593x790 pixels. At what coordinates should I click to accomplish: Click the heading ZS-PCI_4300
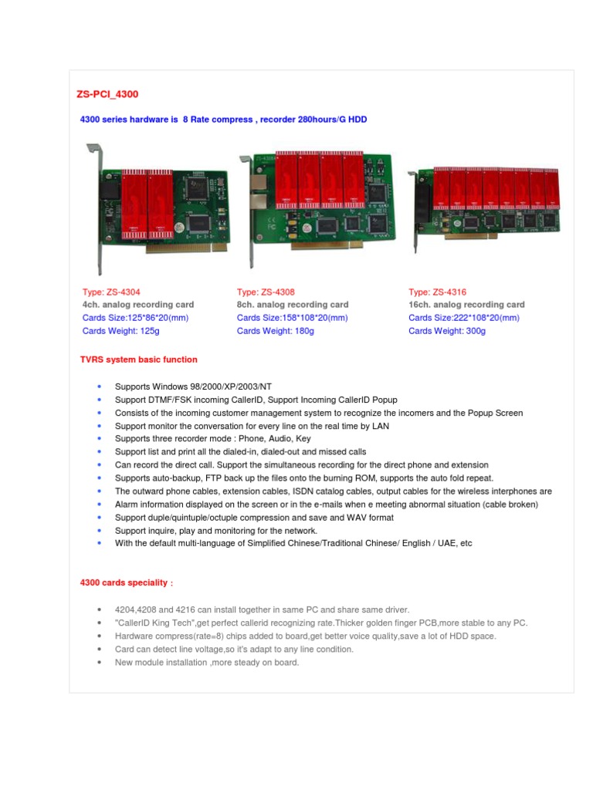point(107,94)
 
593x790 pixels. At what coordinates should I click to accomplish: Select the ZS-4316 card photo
point(484,201)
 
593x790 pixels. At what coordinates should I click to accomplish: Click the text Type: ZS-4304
point(111,292)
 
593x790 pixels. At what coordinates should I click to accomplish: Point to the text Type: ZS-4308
point(266,292)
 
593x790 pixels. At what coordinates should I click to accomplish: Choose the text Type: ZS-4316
point(437,292)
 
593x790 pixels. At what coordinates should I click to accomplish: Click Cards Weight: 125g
point(120,331)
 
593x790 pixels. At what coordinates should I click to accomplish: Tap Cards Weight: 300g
point(447,331)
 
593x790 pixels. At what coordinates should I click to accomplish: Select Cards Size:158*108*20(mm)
point(292,318)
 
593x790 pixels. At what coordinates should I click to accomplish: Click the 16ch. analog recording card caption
point(466,305)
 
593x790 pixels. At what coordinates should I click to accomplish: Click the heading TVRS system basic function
point(138,360)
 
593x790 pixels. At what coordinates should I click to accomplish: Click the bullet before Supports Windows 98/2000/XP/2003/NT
point(100,386)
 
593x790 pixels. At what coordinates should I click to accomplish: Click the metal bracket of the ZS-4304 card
point(95,208)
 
